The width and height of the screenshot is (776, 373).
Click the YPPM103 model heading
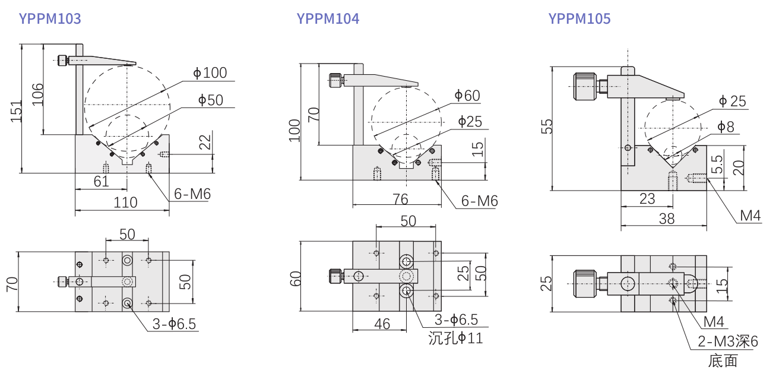tap(50, 19)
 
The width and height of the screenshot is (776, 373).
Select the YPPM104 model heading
tap(328, 19)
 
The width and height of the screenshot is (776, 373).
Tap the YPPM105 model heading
tap(579, 19)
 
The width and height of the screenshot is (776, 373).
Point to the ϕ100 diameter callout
tap(210, 73)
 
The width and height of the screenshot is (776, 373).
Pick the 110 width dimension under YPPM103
tap(125, 203)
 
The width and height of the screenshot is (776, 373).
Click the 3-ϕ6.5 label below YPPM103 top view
tap(173, 324)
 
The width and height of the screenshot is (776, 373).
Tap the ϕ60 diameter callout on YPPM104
tap(467, 96)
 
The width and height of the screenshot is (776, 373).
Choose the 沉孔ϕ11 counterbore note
tap(455, 339)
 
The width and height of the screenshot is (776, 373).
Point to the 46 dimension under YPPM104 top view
tap(382, 324)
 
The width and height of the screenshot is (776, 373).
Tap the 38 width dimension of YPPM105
tap(667, 219)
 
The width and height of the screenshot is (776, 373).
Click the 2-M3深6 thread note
tap(727, 342)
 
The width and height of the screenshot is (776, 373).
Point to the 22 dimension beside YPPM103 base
tap(205, 143)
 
